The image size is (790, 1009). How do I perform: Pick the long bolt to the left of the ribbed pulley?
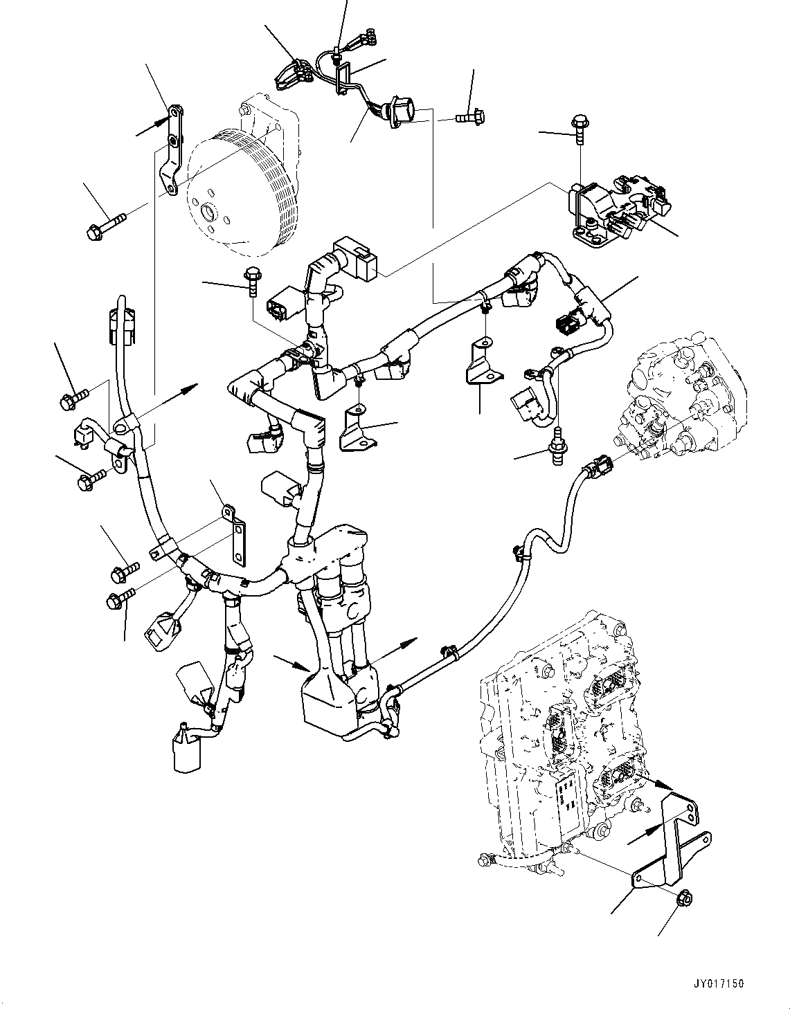[106, 226]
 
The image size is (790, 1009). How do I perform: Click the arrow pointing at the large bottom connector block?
[291, 664]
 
